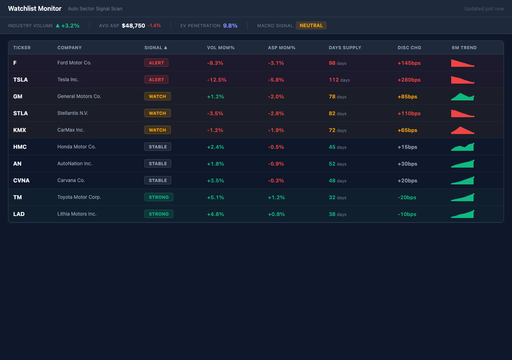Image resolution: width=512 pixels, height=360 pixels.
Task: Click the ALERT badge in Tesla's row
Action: click(156, 80)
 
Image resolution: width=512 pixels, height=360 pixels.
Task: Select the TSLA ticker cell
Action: click(20, 80)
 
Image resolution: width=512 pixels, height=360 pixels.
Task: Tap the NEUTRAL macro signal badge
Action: click(311, 26)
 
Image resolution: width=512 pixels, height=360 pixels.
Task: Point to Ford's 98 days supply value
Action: click(332, 63)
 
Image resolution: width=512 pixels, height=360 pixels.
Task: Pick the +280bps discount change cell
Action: click(409, 80)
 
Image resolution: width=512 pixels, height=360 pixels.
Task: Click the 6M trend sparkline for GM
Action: click(462, 96)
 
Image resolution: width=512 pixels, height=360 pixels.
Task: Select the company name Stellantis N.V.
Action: click(73, 113)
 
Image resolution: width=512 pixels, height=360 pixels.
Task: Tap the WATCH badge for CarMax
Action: click(157, 130)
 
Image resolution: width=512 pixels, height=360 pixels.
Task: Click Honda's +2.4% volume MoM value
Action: click(215, 147)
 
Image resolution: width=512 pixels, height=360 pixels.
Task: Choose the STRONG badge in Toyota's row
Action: click(159, 197)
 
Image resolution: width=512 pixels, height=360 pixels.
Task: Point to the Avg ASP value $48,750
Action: click(133, 26)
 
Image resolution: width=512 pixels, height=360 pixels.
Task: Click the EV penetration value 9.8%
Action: click(230, 26)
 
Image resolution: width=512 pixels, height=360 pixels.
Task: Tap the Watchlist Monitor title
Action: click(35, 8)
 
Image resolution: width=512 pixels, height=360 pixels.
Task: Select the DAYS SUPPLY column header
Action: click(345, 48)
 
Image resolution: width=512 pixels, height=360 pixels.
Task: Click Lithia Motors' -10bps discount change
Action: click(407, 214)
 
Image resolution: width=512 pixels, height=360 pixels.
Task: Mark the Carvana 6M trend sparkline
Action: click(462, 180)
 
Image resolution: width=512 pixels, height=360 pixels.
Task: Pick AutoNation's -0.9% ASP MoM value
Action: click(276, 164)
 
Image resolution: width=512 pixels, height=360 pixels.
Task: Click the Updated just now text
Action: click(484, 9)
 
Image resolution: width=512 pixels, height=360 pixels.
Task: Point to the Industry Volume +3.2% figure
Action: click(70, 26)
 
